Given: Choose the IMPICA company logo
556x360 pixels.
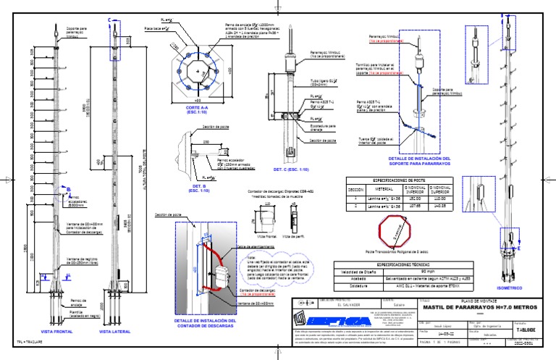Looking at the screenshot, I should [x=334, y=319].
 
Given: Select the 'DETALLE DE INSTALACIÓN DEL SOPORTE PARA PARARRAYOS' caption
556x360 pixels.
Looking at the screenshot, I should [x=419, y=160].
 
